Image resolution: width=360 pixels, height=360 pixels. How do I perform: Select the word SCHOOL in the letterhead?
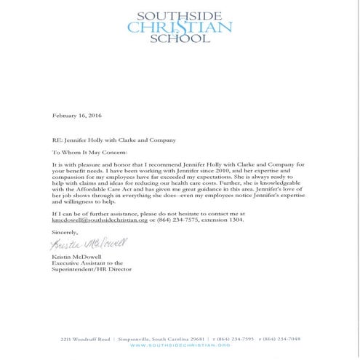tap(180, 41)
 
